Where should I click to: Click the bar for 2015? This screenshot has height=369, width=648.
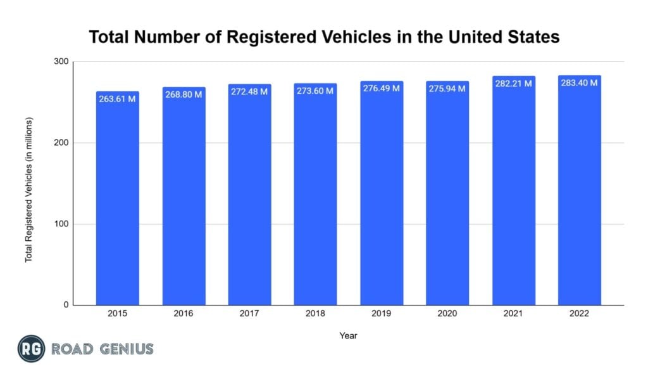(118, 203)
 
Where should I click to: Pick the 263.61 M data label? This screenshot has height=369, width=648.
(118, 98)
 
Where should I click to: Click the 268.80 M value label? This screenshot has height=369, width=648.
(184, 94)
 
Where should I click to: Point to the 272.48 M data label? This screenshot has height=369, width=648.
(249, 91)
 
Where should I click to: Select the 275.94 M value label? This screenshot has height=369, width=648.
(447, 89)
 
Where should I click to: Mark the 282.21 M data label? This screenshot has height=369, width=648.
(513, 84)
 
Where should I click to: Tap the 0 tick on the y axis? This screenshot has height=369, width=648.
(65, 305)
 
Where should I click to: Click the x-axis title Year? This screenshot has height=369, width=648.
(348, 335)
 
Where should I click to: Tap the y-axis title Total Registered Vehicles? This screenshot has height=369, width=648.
(28, 190)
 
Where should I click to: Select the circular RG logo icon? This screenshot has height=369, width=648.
(30, 348)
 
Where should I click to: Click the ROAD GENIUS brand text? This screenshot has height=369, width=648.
(103, 349)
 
